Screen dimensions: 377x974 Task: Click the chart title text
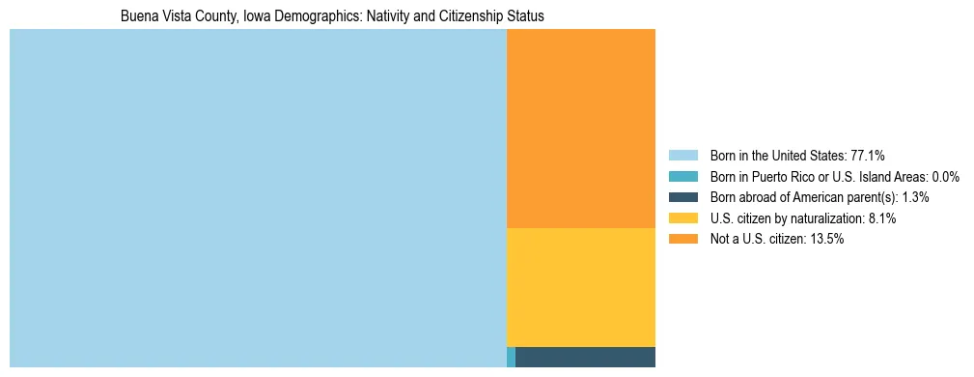(x=332, y=16)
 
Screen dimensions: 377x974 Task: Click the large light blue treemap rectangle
(x=258, y=198)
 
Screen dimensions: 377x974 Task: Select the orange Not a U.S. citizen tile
(x=580, y=128)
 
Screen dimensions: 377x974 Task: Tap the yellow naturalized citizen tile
(x=580, y=287)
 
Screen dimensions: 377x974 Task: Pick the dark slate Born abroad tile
(x=585, y=357)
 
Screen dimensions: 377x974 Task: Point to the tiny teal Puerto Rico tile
(x=511, y=357)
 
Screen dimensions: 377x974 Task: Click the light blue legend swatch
(x=682, y=156)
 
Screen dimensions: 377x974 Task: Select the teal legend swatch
(x=682, y=177)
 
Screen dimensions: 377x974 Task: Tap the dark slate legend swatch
(x=682, y=197)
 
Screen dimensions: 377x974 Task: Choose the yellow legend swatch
(x=682, y=218)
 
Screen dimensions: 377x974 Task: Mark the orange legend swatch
(x=682, y=240)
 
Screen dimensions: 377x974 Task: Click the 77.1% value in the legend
(x=867, y=156)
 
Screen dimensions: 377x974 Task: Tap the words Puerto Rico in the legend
(x=778, y=177)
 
